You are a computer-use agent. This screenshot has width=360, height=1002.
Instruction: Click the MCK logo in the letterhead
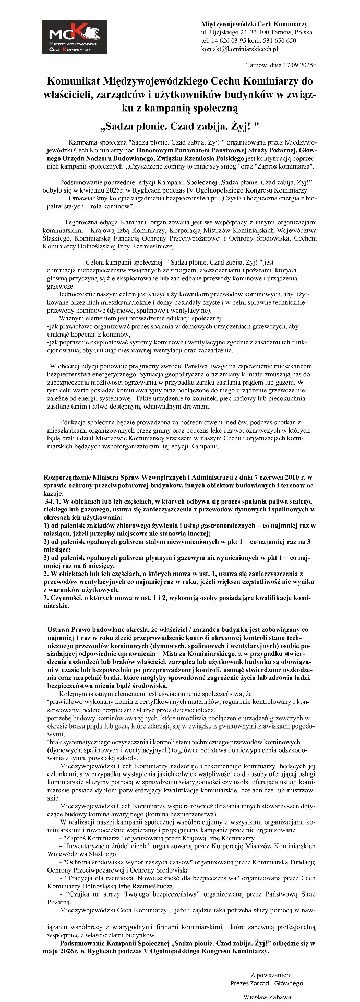(75, 37)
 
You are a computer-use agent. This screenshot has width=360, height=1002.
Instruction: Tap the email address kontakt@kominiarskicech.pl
(239, 49)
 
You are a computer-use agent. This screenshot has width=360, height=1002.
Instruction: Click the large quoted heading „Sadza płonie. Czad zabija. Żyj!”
(179, 126)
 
